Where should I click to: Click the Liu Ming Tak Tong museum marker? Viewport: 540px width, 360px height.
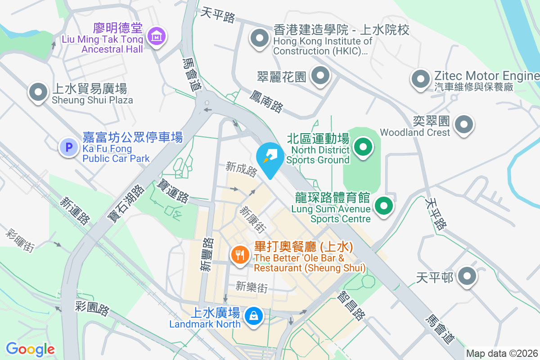(157, 36)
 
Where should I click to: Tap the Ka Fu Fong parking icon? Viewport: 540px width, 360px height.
(69, 147)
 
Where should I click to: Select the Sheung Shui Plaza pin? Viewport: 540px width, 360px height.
(38, 92)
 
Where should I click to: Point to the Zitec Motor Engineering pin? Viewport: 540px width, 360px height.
(420, 79)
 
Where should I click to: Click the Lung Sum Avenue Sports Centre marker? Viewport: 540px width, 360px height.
(383, 207)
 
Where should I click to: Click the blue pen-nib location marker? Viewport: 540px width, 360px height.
(270, 158)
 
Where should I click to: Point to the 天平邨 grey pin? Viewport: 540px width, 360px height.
(467, 276)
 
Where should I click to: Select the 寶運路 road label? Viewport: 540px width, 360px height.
(172, 191)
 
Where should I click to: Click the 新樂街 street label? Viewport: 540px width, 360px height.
(252, 287)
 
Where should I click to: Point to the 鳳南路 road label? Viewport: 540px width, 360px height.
(266, 101)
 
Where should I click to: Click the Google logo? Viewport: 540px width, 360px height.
(30, 349)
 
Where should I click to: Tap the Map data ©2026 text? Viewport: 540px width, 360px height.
(502, 353)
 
